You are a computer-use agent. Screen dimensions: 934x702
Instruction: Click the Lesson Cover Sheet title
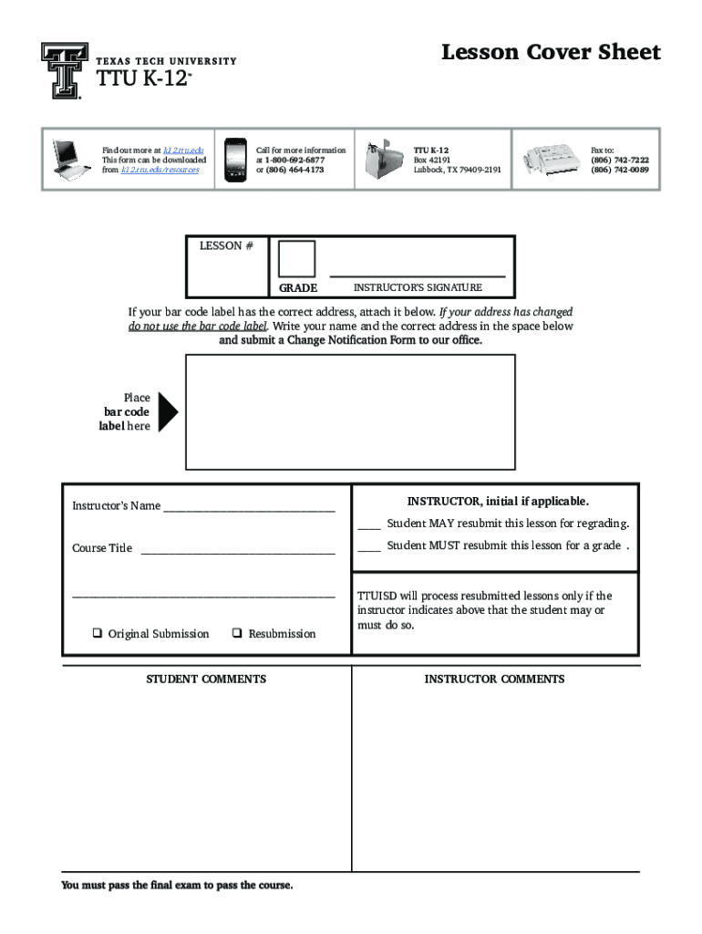[x=551, y=53]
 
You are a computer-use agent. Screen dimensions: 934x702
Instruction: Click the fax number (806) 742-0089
[x=620, y=170]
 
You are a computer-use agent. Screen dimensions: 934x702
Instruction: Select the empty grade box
[x=297, y=259]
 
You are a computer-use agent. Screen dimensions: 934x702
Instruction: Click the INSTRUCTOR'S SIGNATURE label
[x=418, y=287]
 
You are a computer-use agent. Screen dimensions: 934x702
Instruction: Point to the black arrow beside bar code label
[x=168, y=412]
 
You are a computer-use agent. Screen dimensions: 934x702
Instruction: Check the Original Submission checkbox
[x=96, y=634]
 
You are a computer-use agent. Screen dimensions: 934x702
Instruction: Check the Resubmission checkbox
[x=236, y=634]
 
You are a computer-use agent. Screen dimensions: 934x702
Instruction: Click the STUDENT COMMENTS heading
[x=207, y=679]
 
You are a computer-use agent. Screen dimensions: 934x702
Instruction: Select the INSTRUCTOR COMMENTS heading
[x=494, y=679]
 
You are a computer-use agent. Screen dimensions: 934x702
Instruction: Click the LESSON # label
[x=221, y=245]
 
